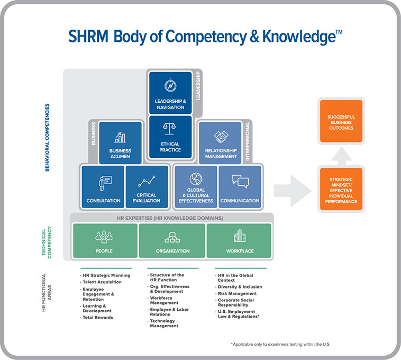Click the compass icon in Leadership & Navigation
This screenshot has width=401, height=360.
pyautogui.click(x=170, y=86)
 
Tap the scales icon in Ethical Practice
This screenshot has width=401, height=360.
pyautogui.click(x=169, y=129)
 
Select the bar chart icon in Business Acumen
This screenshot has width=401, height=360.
pyautogui.click(x=120, y=138)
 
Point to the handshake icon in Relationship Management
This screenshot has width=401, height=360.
pyautogui.click(x=221, y=137)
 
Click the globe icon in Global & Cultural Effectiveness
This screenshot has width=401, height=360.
pyautogui.click(x=196, y=179)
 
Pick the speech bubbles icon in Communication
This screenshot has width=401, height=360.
pyautogui.click(x=240, y=181)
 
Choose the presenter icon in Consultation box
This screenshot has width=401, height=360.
pyautogui.click(x=105, y=183)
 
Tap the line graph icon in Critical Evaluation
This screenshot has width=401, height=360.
pyautogui.click(x=147, y=181)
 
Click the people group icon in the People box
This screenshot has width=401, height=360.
pyautogui.click(x=104, y=237)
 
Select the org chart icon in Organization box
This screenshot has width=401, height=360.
pyautogui.click(x=172, y=238)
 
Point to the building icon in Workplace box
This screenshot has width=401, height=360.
pyautogui.click(x=240, y=236)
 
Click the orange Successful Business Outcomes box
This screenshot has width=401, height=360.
pyautogui.click(x=341, y=121)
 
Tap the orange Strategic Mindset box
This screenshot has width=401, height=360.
pyautogui.click(x=341, y=189)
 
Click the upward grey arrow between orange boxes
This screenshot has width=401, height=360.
pyautogui.click(x=342, y=157)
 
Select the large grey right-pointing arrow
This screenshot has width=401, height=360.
pyautogui.click(x=293, y=191)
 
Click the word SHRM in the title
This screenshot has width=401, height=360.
pyautogui.click(x=88, y=37)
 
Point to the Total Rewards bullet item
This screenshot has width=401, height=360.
pyautogui.click(x=98, y=318)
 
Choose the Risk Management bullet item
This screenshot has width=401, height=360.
pyautogui.click(x=237, y=293)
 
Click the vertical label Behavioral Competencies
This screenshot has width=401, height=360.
pyautogui.click(x=47, y=138)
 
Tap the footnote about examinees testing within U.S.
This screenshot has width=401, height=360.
pyautogui.click(x=280, y=345)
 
